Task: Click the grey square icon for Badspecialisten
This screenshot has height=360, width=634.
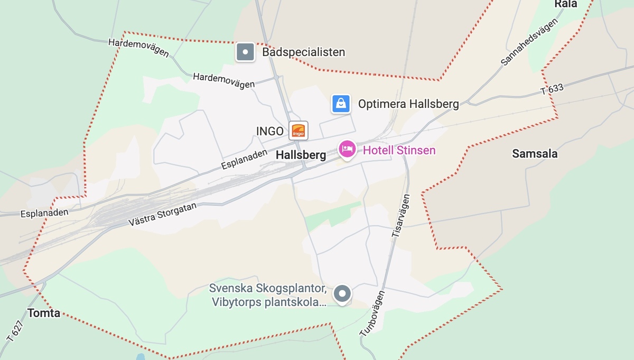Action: point(245,52)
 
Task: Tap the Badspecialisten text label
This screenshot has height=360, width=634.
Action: point(303,52)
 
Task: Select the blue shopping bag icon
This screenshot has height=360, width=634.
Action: point(341,104)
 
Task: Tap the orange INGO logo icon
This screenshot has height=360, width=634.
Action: point(299,131)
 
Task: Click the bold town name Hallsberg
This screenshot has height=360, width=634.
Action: point(301,155)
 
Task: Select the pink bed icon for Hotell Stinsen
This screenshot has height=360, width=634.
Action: point(347,150)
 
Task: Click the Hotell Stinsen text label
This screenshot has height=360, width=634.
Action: point(399,151)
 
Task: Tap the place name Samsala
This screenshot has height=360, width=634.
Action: point(535,154)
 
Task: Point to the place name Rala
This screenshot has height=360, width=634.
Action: point(565,4)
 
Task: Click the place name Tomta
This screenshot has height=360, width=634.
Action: point(44,313)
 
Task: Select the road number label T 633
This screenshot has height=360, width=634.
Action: point(552,89)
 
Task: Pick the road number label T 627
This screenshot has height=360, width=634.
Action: point(15,330)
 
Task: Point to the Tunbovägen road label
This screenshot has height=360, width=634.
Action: point(372,315)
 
